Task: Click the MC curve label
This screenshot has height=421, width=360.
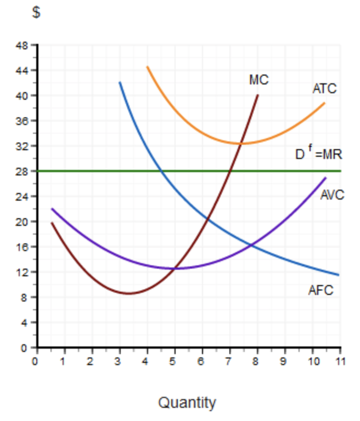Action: point(258,80)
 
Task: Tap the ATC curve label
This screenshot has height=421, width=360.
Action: point(324,88)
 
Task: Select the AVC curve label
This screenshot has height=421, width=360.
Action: point(332,195)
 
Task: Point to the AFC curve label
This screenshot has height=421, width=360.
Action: point(320,291)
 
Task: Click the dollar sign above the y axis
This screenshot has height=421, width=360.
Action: point(36,13)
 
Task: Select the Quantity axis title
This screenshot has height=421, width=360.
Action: point(187,403)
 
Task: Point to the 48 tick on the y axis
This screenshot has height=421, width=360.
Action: point(25,45)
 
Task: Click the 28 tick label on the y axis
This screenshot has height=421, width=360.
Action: point(25,171)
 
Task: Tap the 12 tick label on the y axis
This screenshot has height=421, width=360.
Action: point(25,272)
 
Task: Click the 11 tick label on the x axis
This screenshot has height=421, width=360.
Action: point(340,360)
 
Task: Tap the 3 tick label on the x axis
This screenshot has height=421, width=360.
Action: point(119,360)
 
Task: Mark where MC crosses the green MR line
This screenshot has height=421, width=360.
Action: point(230,171)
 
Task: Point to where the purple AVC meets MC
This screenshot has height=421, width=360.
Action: point(175,268)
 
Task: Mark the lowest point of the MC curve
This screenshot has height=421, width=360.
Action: point(129,293)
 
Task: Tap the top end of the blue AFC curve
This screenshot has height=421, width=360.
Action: point(120,82)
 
